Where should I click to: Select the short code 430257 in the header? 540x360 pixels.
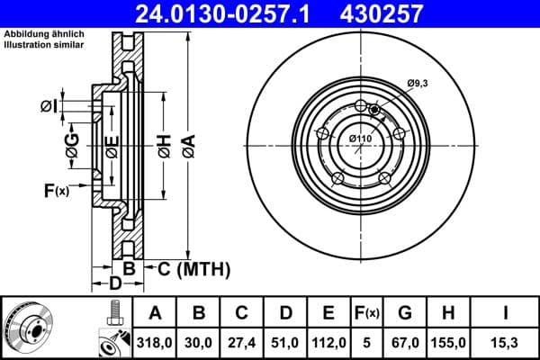pos(405,14)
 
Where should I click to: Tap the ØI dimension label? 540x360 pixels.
pos(49,107)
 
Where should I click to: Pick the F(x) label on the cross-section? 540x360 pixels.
pos(55,190)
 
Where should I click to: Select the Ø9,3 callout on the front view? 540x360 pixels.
pos(416,83)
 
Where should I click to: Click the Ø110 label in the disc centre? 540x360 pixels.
pos(360,137)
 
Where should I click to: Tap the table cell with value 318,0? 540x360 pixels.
pos(155,343)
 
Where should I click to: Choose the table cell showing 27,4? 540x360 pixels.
pos(242,343)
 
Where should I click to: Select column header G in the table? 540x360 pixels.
pos(406,313)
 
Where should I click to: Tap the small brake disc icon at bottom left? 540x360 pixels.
pos(27,328)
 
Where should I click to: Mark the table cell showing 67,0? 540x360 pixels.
pos(406,343)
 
